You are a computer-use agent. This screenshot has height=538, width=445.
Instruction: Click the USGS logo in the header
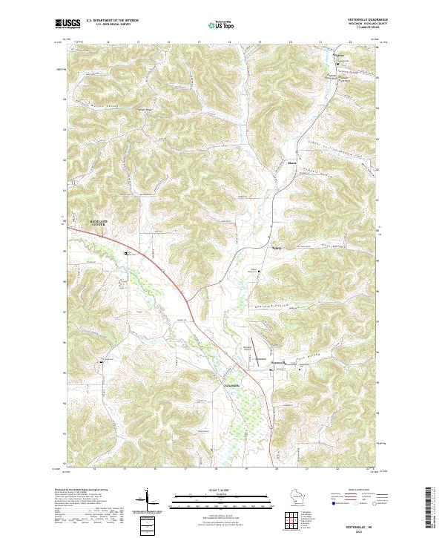point(67,24)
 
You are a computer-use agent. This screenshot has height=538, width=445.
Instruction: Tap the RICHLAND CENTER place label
point(98,222)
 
